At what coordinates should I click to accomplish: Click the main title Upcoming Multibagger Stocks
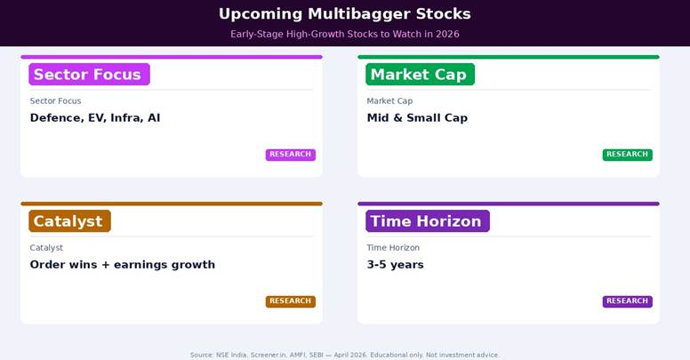click(345, 14)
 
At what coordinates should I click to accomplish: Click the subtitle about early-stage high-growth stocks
click(345, 35)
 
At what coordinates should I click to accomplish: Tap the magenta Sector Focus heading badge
click(88, 75)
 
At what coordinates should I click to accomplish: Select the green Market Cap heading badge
click(419, 75)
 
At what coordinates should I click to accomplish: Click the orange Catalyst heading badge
click(68, 221)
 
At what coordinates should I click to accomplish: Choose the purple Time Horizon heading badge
click(426, 221)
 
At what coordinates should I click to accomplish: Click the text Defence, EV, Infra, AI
click(95, 118)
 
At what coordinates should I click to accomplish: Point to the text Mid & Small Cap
click(417, 118)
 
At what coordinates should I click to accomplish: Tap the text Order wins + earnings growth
click(123, 265)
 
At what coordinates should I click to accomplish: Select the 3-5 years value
click(395, 265)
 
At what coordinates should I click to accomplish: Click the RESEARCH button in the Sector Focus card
click(290, 155)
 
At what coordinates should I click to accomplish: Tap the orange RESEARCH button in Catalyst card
click(290, 301)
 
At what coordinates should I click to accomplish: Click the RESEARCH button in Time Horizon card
click(627, 301)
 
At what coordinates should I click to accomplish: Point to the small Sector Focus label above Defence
click(55, 101)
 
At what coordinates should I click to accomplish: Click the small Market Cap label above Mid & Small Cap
click(389, 101)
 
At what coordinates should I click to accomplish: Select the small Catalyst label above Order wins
click(46, 248)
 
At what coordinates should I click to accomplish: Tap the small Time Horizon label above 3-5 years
click(393, 248)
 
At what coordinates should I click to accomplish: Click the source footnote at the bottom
click(345, 355)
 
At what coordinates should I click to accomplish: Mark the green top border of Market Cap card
click(509, 57)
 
